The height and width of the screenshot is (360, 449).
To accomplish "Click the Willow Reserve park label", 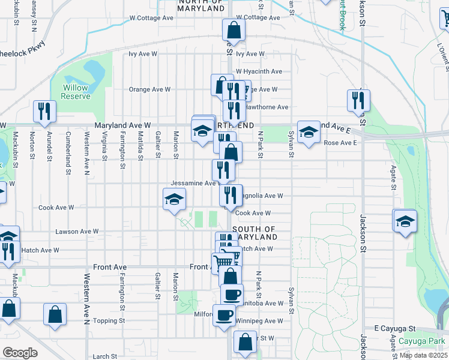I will (76, 92).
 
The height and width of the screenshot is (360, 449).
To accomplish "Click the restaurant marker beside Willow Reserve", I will (44, 111).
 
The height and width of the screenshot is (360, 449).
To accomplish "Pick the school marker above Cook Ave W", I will (174, 199).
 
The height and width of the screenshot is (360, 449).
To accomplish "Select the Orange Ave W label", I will (150, 89).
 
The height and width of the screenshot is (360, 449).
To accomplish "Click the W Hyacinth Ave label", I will (259, 71).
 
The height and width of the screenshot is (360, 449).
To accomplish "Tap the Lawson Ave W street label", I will (76, 231).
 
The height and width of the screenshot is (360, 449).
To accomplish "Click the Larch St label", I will (104, 356).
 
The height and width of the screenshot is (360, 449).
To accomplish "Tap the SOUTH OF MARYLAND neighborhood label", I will (254, 233).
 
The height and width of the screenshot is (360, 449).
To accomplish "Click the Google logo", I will (20, 353).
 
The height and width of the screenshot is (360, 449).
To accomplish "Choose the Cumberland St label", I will (68, 146).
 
